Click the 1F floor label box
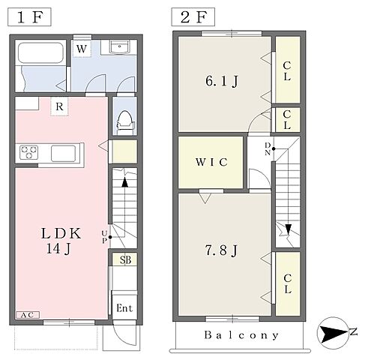pyautogui.click(x=29, y=16)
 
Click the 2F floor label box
pyautogui.click(x=193, y=16)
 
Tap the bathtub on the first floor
pyautogui.click(x=40, y=52)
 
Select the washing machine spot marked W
pyautogui.click(x=82, y=49)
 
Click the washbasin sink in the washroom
pyautogui.click(x=120, y=47)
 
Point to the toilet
pyautogui.click(x=125, y=123)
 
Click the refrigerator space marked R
pyautogui.click(x=59, y=106)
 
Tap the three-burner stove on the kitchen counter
pyautogui.click(x=29, y=152)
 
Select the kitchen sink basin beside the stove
pyautogui.click(x=64, y=154)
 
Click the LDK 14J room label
pyautogui.click(x=61, y=241)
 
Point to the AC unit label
pyautogui.click(x=28, y=315)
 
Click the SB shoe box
pyautogui.click(x=125, y=259)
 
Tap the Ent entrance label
pyautogui.click(x=124, y=308)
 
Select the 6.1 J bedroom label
pyautogui.click(x=222, y=81)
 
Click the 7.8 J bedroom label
pyautogui.click(x=221, y=250)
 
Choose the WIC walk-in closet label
pyautogui.click(x=211, y=162)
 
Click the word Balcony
pyautogui.click(x=241, y=335)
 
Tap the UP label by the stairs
pyautogui.click(x=104, y=237)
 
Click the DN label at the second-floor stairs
pyautogui.click(x=268, y=148)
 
